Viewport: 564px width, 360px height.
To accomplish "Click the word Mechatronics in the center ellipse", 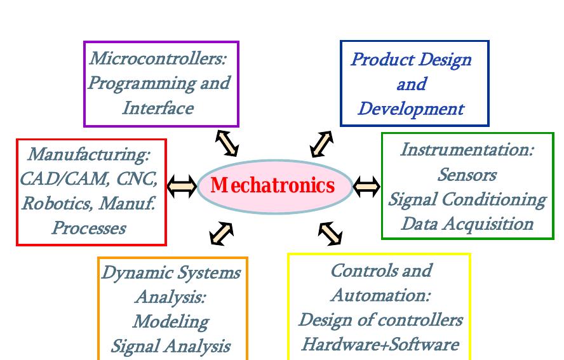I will click(x=272, y=185).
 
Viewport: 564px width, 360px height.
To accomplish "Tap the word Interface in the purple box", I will click(x=158, y=108).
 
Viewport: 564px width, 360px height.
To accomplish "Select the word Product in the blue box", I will click(x=379, y=60).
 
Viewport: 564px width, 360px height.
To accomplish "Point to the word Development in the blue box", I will click(x=410, y=109).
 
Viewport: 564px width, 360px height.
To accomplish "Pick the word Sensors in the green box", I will click(x=467, y=175).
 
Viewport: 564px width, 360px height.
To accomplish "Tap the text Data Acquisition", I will click(x=467, y=223).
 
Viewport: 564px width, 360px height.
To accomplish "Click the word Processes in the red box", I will click(x=88, y=227).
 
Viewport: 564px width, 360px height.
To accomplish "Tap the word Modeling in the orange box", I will click(x=170, y=321).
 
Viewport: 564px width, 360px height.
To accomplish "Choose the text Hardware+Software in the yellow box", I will click(x=380, y=344).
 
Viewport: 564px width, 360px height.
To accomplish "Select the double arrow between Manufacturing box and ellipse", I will click(x=182, y=187).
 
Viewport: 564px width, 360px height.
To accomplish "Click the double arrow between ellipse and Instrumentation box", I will click(x=366, y=187).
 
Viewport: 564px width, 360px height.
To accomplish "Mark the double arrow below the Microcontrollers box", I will click(x=226, y=143).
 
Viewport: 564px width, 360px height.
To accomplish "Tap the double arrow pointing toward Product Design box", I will click(x=321, y=144).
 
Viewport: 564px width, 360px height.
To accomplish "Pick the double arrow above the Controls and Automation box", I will click(x=330, y=233).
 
